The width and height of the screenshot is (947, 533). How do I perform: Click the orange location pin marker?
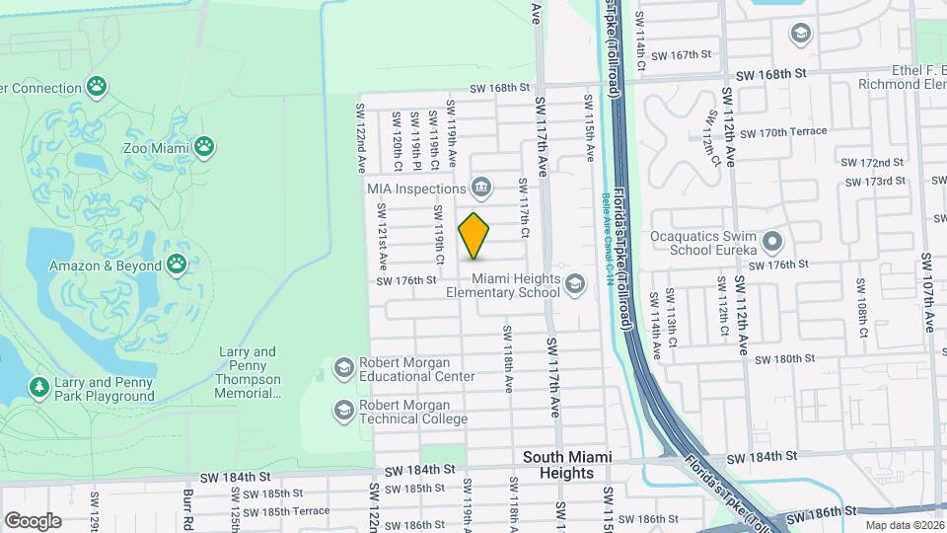coord(474,235)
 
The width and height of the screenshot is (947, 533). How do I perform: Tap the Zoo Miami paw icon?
coord(204,147)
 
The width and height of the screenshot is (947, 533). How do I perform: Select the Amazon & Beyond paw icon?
coord(177,264)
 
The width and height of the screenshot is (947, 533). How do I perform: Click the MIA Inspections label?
coord(416,189)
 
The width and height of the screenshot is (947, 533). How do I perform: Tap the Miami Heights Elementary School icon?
coord(574,284)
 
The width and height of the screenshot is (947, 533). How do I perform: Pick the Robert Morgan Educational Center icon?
coord(343,368)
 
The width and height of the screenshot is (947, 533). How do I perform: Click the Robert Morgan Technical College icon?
coord(343,410)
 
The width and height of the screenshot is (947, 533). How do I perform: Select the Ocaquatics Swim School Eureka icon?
coord(771,241)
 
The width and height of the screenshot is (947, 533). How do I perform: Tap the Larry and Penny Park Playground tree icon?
coord(39,387)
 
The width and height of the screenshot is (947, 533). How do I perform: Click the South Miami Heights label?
coord(567,464)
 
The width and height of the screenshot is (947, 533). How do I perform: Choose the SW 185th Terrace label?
coord(287,510)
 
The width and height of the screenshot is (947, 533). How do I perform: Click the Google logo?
coord(33,520)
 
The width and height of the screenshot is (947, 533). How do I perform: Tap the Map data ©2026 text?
coord(903,526)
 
